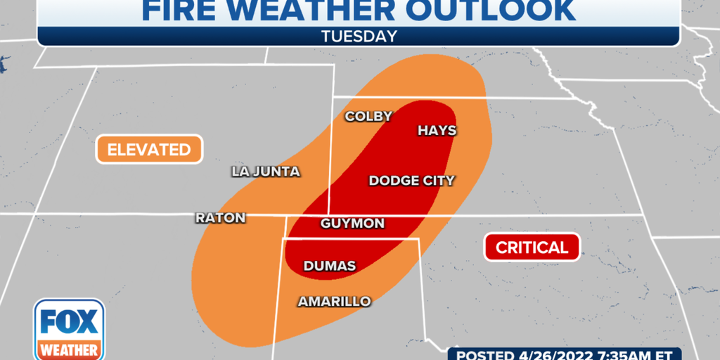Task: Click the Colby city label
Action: coord(368,117)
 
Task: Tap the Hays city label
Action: coord(437,131)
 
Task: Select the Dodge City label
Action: coord(411,181)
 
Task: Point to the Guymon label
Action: coord(352,224)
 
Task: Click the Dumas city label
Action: coord(329,266)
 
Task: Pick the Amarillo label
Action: coord(334,301)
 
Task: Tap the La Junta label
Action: coord(266,172)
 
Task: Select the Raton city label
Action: coord(220,218)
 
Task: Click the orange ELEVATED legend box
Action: coord(149,149)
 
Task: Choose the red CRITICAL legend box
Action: coord(532,247)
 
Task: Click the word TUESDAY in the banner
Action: coord(359,36)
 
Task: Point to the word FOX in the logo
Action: coord(69,322)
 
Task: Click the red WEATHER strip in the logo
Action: coord(69,349)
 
